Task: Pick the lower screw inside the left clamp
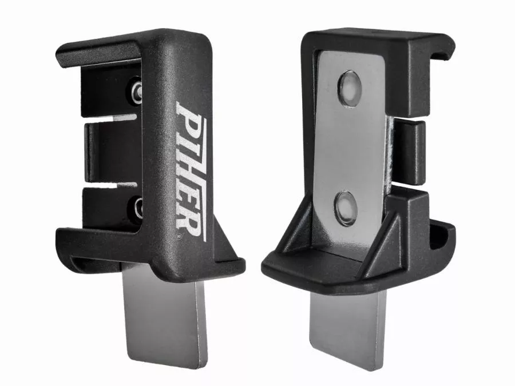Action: pos(138,208)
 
